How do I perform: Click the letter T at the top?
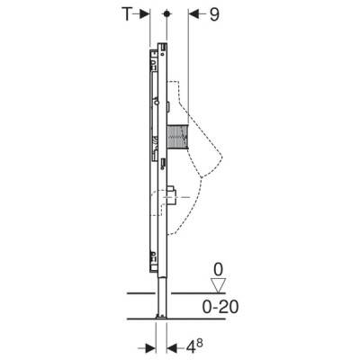[x=127, y=14]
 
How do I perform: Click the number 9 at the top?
[x=214, y=14]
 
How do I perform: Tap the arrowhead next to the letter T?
[x=145, y=14]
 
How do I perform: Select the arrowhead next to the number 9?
[x=193, y=14]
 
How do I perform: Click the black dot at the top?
[x=166, y=13]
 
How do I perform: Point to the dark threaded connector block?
[x=177, y=137]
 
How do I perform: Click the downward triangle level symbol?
[x=218, y=284]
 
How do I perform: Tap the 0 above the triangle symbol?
[x=218, y=270]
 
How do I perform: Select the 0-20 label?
[x=220, y=307]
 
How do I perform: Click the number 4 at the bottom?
[x=191, y=349]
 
